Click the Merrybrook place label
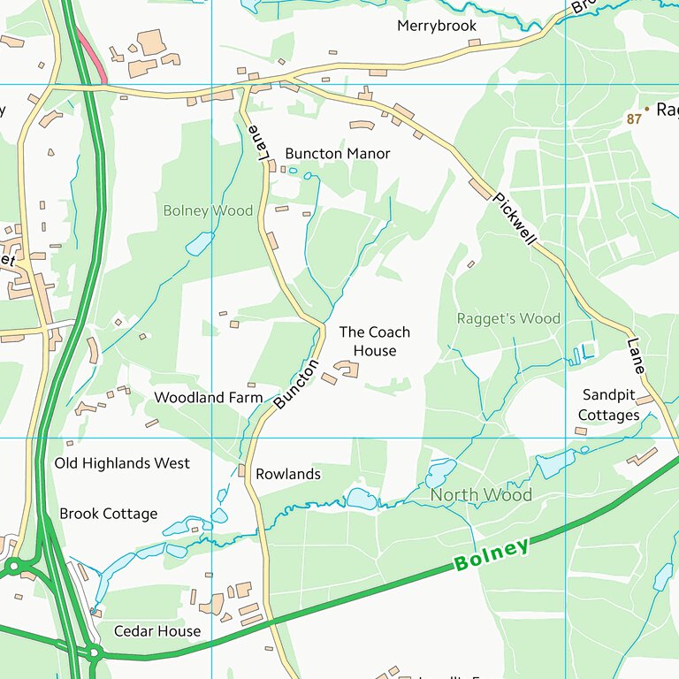click(437, 27)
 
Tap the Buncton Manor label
click(337, 154)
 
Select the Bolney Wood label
click(208, 211)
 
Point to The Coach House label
click(375, 341)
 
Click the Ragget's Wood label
click(508, 318)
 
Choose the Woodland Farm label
click(208, 398)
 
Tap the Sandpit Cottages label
click(609, 405)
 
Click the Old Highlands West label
click(122, 463)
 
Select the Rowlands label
click(287, 475)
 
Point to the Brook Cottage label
click(108, 514)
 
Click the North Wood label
click(481, 495)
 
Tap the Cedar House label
click(157, 631)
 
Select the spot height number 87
click(633, 118)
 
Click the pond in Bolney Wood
click(200, 243)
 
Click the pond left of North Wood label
click(361, 500)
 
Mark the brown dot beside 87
click(647, 109)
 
